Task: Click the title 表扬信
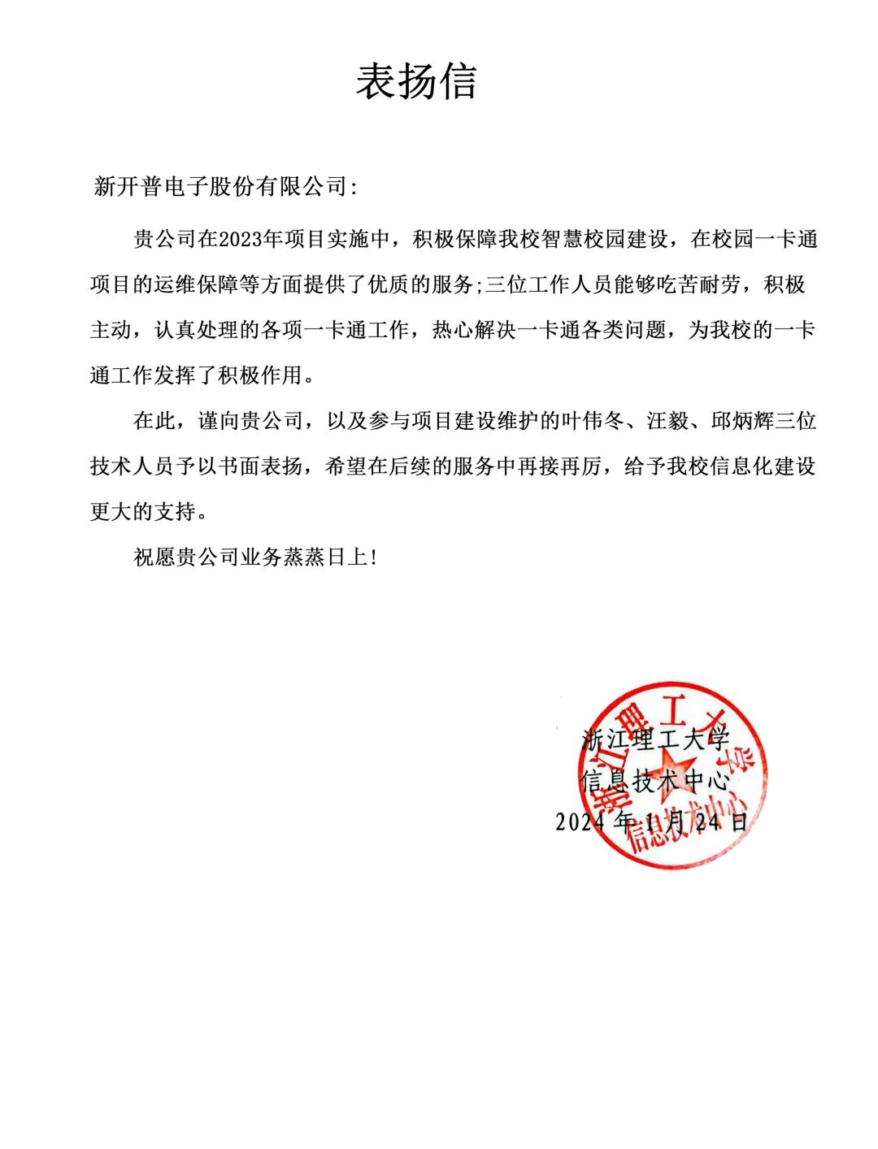coord(416,82)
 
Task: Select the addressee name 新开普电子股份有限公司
coord(220,187)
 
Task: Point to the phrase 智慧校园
coord(582,240)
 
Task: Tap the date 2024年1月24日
coord(651,822)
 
